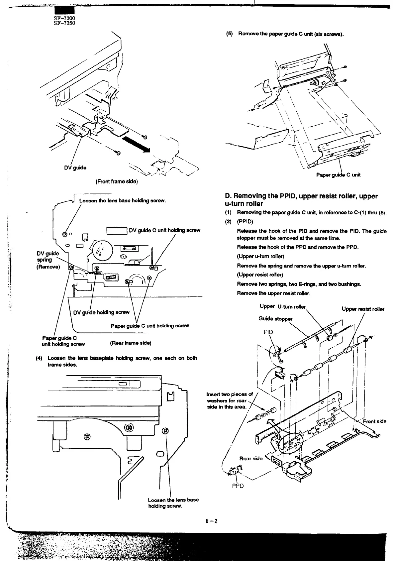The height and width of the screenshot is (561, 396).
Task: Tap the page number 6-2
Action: tap(211, 520)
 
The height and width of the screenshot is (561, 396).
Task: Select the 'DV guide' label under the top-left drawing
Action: tap(75, 168)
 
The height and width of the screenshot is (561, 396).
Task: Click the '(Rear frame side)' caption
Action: tap(131, 343)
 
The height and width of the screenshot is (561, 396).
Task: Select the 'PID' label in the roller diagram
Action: tap(268, 332)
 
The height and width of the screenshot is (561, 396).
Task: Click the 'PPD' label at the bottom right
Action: tap(238, 486)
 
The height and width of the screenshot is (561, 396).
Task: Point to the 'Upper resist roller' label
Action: tap(363, 309)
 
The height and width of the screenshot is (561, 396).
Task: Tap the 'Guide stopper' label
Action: tap(275, 319)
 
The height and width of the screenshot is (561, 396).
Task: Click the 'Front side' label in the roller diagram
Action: tap(374, 421)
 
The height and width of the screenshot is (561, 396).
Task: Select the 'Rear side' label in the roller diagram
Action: tap(251, 458)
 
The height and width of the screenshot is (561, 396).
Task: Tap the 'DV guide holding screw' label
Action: tap(101, 312)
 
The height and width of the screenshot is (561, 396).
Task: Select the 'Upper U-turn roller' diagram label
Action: tap(282, 306)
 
